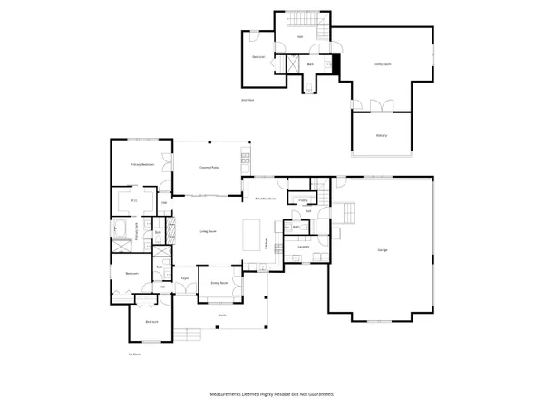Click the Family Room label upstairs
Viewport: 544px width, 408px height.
[382, 63]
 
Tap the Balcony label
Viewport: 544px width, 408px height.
[382, 135]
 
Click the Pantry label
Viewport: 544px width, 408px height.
[302, 199]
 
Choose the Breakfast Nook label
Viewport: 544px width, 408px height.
[265, 198]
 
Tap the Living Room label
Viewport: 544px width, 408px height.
[208, 231]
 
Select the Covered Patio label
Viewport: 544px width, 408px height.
[210, 167]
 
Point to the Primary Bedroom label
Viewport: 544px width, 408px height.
[140, 164]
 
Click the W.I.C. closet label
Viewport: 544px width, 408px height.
[132, 200]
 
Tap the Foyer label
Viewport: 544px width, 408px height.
[184, 278]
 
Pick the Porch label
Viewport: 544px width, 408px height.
[221, 316]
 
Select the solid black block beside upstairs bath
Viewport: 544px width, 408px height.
[336, 65]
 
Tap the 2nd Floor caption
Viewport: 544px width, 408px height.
[246, 99]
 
